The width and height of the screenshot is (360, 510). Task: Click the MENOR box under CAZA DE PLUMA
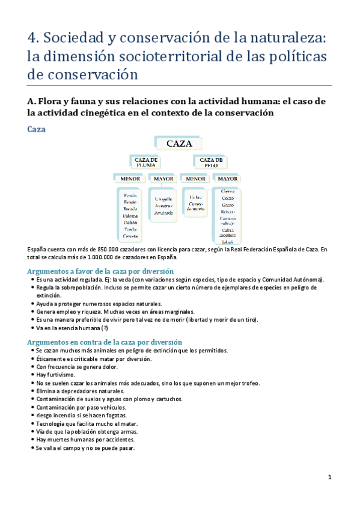[x=130, y=179]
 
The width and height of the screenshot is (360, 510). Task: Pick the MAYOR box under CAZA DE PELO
[x=227, y=179]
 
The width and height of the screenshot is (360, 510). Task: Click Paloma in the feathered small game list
[x=130, y=217]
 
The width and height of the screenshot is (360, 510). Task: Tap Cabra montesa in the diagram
[x=227, y=232]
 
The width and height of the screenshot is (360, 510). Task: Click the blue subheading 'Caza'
[x=37, y=129]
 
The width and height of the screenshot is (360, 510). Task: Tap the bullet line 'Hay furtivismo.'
[x=55, y=375]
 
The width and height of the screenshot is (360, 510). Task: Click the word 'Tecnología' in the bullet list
[x=50, y=423]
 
